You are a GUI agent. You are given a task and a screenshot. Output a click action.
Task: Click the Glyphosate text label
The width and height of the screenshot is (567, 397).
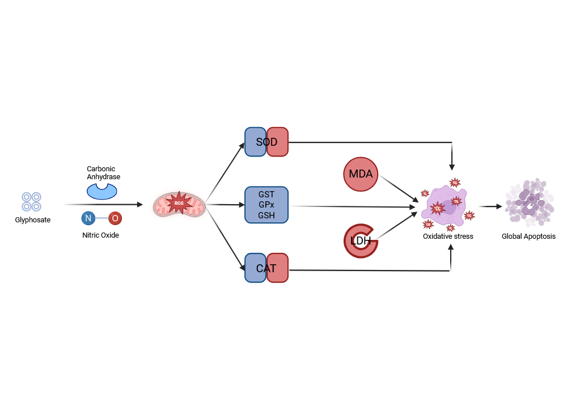click(33, 219)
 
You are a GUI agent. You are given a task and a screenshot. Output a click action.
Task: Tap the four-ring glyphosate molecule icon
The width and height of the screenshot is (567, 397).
click(31, 202)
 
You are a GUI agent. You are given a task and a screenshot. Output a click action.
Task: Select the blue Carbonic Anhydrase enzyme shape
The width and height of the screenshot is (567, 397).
click(101, 191)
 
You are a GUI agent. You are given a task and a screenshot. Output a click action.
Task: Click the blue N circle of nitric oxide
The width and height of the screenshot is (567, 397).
click(88, 218)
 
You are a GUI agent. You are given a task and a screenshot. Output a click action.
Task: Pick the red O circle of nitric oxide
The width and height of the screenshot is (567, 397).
click(115, 218)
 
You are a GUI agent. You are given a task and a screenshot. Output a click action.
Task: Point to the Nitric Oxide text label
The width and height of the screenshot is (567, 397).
click(101, 235)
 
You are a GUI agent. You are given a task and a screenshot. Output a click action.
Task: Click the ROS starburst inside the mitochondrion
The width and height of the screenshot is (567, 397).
click(179, 203)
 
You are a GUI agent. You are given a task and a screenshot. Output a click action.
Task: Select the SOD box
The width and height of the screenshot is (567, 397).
click(266, 142)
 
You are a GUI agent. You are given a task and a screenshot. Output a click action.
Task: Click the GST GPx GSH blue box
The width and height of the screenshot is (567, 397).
click(266, 205)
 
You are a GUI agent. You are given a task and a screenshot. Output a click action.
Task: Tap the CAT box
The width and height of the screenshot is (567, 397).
click(266, 268)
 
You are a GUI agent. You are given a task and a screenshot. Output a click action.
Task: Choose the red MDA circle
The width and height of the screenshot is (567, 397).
click(361, 174)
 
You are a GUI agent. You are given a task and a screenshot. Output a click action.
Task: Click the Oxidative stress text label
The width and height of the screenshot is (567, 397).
click(448, 236)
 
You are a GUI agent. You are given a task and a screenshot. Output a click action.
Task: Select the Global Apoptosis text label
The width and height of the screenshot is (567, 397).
click(528, 236)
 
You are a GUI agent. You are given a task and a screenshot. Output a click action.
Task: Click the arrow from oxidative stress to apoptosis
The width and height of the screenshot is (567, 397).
click(490, 207)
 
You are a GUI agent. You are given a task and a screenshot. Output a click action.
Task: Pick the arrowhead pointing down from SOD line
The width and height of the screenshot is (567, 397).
click(452, 167)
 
